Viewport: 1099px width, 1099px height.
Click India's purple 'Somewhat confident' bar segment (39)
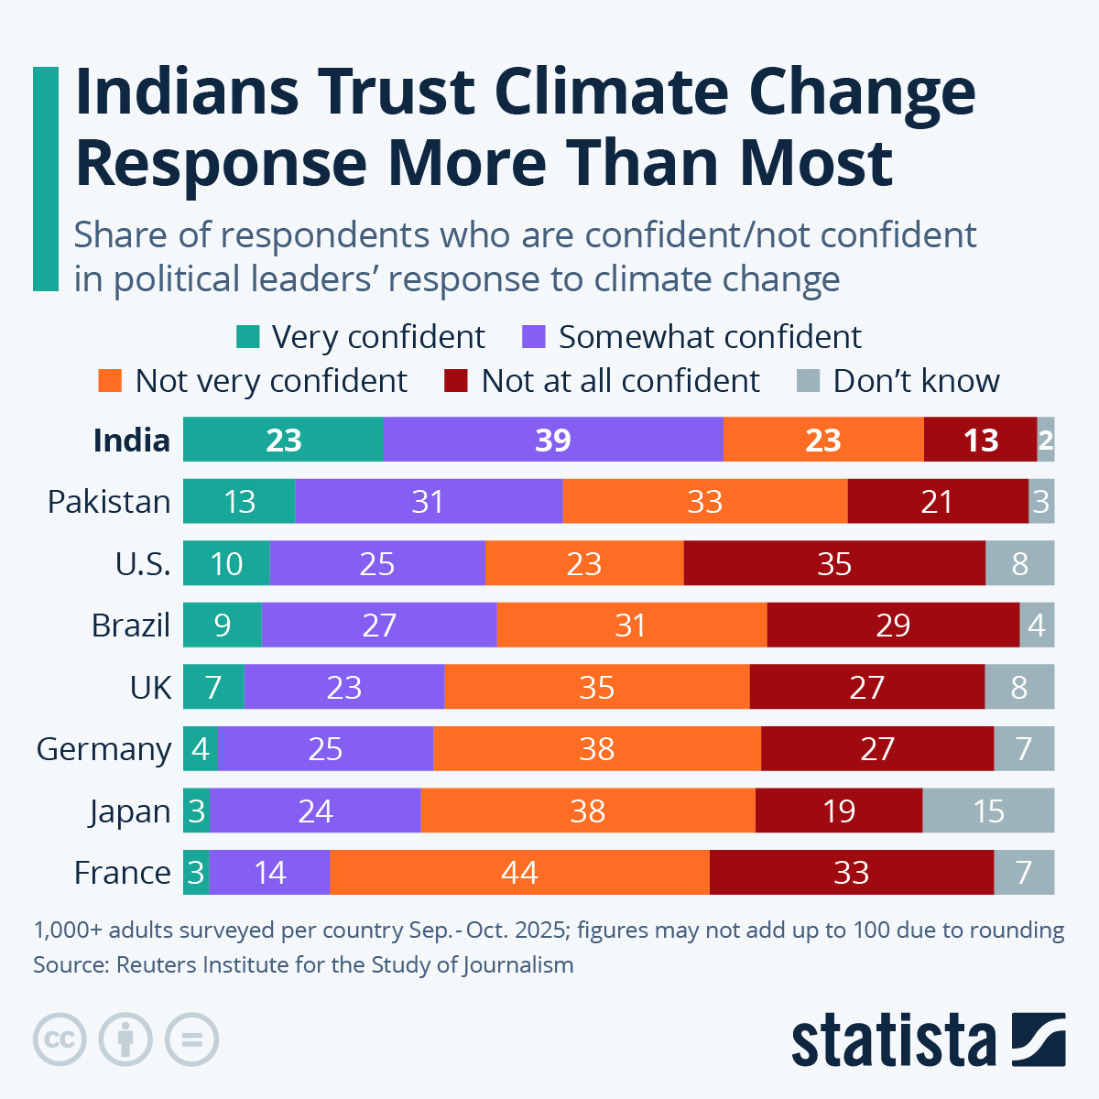(x=553, y=440)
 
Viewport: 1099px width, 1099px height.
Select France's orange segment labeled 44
(x=519, y=872)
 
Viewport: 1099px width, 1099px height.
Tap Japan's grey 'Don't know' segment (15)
(x=988, y=811)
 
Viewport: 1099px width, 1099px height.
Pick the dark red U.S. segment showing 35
(x=834, y=563)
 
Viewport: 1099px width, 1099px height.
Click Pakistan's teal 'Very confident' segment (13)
(x=239, y=501)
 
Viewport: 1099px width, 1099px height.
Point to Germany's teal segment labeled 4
(x=200, y=748)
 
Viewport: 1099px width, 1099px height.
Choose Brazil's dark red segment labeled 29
(x=893, y=625)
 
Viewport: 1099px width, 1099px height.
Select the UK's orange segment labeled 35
(x=596, y=687)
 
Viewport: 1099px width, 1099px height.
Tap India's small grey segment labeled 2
(x=1045, y=440)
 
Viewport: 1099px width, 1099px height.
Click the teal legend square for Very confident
(x=247, y=337)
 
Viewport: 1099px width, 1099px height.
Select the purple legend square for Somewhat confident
(x=534, y=337)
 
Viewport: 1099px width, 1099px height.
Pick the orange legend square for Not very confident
(x=110, y=381)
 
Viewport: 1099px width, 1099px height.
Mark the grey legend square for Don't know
(x=808, y=381)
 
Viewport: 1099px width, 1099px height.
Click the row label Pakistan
(x=109, y=502)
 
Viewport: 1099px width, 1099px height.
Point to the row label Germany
(x=103, y=749)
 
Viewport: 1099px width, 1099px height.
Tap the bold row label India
(x=131, y=441)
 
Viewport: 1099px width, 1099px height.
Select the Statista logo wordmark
(x=893, y=1040)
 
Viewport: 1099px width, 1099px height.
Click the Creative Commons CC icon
(x=60, y=1039)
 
